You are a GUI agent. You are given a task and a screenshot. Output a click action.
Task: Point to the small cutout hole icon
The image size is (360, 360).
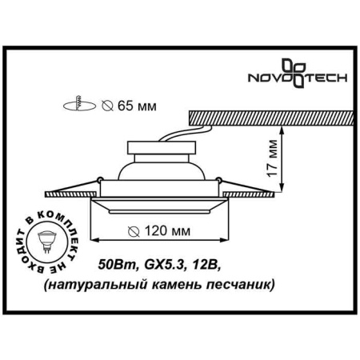click(78, 104)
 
